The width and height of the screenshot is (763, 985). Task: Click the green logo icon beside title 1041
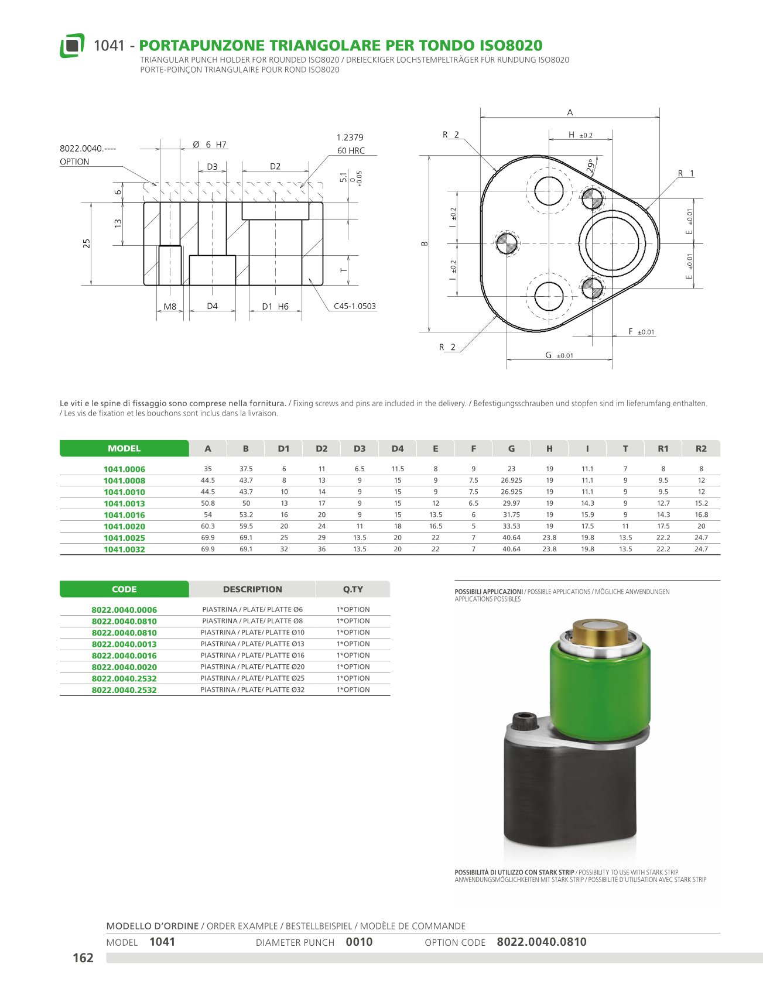pos(72,45)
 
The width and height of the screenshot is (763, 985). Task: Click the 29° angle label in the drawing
pos(593,166)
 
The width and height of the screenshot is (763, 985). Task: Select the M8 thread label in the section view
pos(170,306)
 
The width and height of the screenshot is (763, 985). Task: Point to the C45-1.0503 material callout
pos(355,306)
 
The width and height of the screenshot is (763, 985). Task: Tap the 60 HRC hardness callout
pos(351,150)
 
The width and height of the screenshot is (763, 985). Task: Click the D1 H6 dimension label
pos(275,306)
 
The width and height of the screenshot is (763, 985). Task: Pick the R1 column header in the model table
pos(663,448)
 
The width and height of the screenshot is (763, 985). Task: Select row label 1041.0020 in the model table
pos(124,526)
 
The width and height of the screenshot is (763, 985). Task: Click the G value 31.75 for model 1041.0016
pos(511,514)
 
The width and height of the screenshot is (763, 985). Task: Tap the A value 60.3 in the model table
pos(208,526)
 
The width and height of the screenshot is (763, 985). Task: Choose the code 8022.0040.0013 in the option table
pos(124,644)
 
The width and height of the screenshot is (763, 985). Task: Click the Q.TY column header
pos(353,589)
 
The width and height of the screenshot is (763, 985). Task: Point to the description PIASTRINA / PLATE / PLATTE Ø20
pos(252,667)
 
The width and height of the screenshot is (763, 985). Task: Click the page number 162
pos(83,957)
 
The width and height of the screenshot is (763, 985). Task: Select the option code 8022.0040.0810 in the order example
pos(542,942)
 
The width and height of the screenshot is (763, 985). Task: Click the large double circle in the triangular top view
pos(612,243)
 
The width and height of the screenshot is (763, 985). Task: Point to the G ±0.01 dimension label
pos(559,355)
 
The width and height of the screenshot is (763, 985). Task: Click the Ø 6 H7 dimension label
pos(210,145)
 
